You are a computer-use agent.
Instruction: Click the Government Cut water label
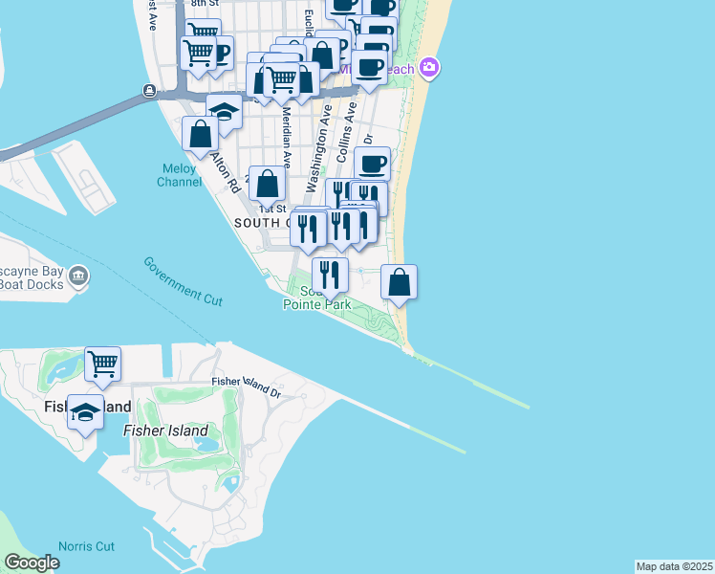tap(183, 281)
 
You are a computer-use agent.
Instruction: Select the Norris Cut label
tap(86, 546)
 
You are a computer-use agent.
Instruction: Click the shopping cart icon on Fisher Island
tap(102, 363)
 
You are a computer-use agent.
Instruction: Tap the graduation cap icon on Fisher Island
tap(86, 411)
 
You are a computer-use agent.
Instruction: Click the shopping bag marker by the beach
tap(400, 281)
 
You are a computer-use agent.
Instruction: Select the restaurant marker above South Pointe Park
tap(330, 275)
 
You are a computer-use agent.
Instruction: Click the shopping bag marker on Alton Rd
tap(201, 134)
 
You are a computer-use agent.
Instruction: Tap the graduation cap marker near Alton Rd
tap(224, 111)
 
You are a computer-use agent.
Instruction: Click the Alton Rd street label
tap(226, 172)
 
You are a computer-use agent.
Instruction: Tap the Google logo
tap(32, 563)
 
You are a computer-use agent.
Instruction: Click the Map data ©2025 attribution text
tap(674, 566)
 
